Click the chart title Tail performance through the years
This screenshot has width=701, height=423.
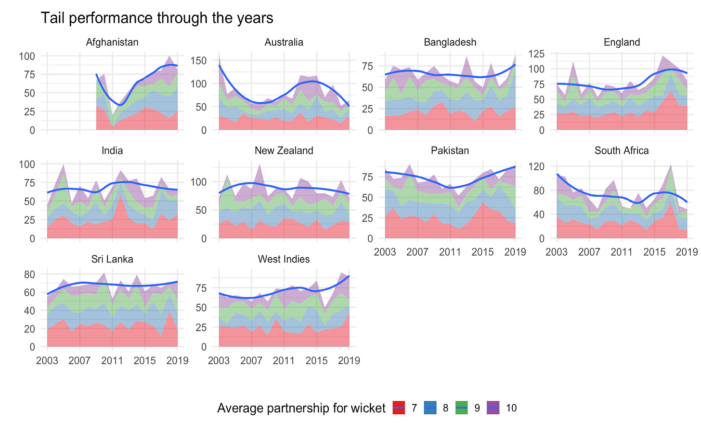157,18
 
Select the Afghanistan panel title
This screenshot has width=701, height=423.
112,42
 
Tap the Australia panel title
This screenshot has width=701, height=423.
284,42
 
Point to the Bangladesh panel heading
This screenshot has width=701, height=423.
450,42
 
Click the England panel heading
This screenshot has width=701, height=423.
622,42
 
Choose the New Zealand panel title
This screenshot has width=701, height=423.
284,150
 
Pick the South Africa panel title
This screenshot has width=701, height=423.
622,150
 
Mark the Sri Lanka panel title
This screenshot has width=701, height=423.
112,259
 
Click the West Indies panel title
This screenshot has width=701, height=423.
284,259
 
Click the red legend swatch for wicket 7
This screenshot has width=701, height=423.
400,408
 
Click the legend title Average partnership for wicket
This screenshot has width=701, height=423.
301,408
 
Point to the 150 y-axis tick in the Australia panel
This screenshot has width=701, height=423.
200,61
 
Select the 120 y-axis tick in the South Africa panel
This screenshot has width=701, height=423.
538,166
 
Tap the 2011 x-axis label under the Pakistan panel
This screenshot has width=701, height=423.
450,252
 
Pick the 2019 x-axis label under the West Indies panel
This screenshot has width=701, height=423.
349,360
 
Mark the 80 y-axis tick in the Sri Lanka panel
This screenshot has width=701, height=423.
29,274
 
